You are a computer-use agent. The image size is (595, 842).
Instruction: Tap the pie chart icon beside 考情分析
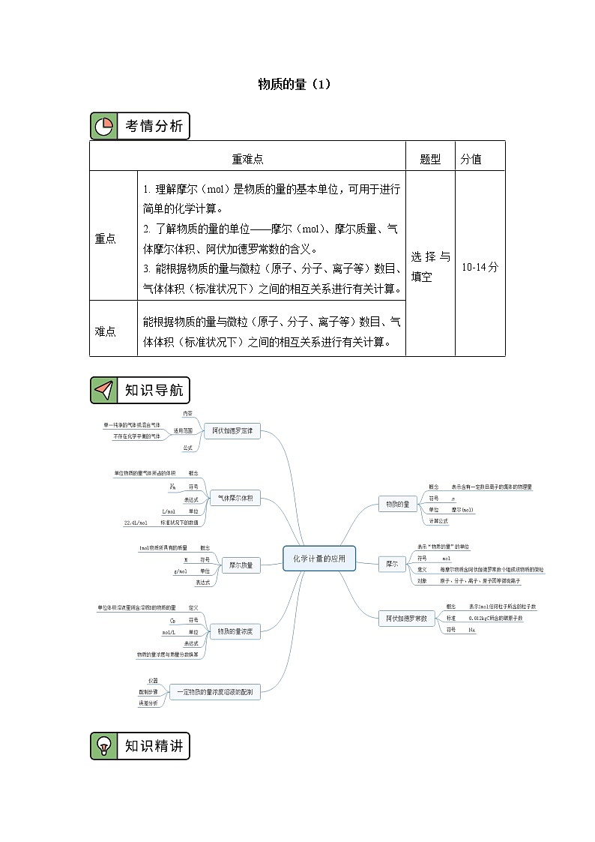click(103, 126)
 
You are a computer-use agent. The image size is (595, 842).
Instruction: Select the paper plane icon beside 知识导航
click(103, 390)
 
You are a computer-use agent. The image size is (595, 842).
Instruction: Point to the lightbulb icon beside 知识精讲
click(103, 745)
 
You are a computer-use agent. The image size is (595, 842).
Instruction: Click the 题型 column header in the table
click(430, 158)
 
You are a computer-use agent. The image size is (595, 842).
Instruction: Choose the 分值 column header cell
click(471, 158)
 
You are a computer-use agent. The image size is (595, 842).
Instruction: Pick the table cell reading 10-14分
click(480, 266)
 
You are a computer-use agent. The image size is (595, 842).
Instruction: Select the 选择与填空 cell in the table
click(430, 266)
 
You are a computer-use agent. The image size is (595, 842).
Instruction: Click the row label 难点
click(106, 331)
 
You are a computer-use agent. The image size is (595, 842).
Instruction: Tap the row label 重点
click(106, 238)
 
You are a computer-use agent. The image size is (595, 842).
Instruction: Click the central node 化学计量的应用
click(318, 558)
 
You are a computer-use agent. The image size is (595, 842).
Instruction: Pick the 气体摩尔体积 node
click(235, 498)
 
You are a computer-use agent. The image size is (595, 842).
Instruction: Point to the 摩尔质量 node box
click(241, 565)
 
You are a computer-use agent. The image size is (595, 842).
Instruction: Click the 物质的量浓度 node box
click(235, 631)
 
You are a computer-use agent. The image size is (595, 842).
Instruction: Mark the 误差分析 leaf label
click(148, 704)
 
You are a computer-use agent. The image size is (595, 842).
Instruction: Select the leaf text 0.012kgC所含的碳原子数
click(495, 618)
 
